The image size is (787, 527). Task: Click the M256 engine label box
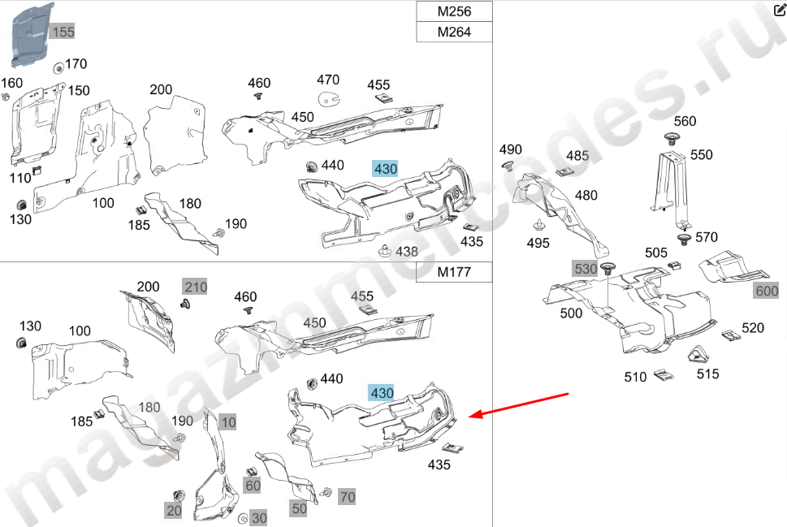(454, 11)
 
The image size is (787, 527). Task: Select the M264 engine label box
(454, 32)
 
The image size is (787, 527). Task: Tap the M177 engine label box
(454, 272)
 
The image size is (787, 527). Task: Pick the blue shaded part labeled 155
(31, 35)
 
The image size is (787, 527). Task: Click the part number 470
(328, 80)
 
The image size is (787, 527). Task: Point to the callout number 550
(701, 154)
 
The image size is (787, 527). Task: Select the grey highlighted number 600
(767, 291)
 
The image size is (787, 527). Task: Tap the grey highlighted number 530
(586, 269)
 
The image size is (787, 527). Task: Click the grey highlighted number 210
(195, 287)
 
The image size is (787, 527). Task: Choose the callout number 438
(407, 251)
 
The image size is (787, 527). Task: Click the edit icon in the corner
(780, 10)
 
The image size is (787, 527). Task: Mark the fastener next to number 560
(671, 139)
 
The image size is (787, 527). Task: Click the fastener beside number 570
(683, 239)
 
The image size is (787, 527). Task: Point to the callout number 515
(707, 374)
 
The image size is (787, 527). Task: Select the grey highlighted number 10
(228, 422)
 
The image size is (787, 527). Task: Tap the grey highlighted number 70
(348, 497)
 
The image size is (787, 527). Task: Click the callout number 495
(538, 243)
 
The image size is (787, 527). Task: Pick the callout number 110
(20, 178)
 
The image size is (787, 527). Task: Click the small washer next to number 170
(58, 67)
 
